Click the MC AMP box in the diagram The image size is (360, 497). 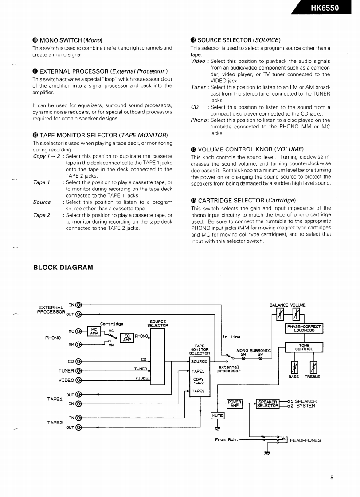tap(94, 332)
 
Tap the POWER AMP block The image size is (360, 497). tap(235, 404)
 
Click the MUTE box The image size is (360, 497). tap(217, 415)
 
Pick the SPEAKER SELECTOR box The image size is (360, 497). tap(268, 404)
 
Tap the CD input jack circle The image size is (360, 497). tap(79, 361)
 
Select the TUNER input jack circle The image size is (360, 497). tap(79, 371)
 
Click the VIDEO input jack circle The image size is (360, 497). tap(79, 380)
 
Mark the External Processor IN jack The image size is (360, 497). tap(79, 305)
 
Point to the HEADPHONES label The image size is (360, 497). tap(305, 440)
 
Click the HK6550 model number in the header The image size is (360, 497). tap(325, 8)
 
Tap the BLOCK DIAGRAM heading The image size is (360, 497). tap(63, 267)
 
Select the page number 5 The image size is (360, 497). tap(332, 478)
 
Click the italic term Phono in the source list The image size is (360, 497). tap(199, 120)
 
